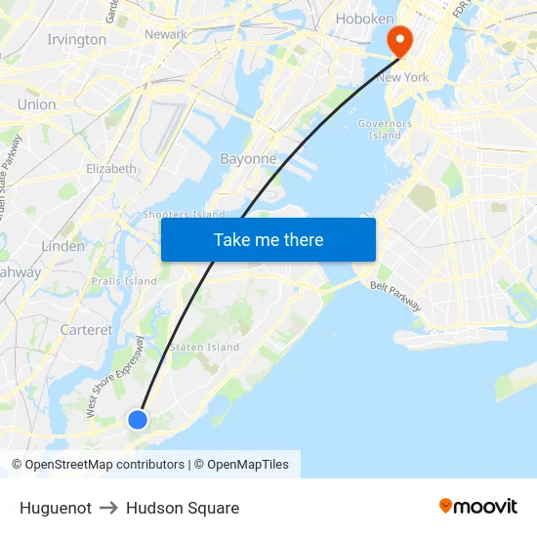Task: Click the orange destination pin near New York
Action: [400, 40]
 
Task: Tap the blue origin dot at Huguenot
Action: [138, 419]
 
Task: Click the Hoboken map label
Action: [364, 19]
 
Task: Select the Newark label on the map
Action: [165, 34]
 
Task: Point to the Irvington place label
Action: [76, 40]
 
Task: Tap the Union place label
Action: [36, 104]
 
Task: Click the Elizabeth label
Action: [111, 169]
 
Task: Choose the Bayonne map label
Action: [248, 158]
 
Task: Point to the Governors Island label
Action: [385, 130]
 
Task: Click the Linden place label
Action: [63, 246]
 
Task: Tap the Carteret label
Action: [86, 330]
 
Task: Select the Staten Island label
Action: [204, 347]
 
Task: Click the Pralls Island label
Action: [124, 281]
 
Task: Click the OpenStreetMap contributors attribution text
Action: [104, 465]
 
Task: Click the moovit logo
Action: [477, 506]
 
